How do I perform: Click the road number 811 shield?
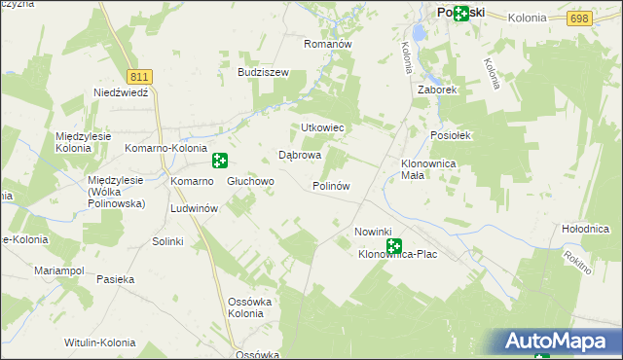139,75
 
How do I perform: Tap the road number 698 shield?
580,18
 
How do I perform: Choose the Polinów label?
331,185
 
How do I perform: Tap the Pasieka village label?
115,279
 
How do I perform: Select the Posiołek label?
452,136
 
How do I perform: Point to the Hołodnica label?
585,228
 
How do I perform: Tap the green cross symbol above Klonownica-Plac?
394,245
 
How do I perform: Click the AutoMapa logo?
560,341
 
